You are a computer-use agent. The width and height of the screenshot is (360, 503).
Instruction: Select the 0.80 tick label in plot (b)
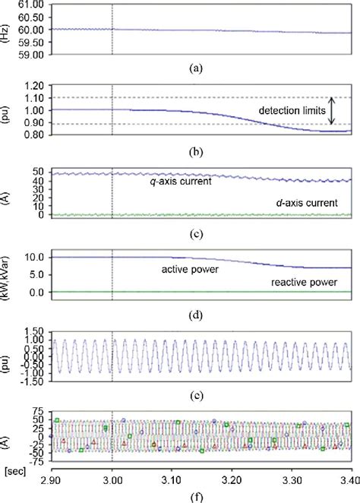point(33,134)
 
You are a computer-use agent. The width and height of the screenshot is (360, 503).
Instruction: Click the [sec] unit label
point(13,472)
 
